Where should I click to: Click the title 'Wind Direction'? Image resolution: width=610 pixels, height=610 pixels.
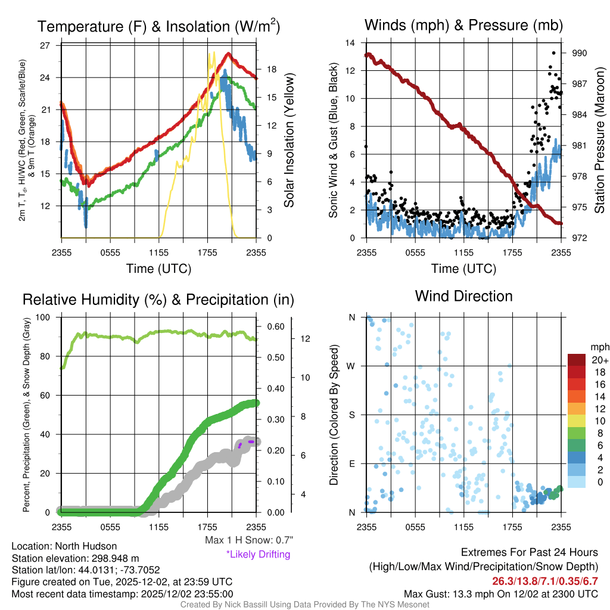tap(463, 296)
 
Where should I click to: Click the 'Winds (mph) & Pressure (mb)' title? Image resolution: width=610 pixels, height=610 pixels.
tap(463, 25)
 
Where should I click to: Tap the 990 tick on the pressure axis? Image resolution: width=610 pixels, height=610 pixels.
tap(579, 53)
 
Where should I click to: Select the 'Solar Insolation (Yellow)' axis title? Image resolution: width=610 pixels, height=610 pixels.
tap(290, 141)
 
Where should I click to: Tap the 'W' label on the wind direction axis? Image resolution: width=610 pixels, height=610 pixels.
tap(352, 366)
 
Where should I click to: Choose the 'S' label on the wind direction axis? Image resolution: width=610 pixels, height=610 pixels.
tap(352, 415)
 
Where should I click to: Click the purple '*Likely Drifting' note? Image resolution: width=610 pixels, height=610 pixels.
tap(258, 554)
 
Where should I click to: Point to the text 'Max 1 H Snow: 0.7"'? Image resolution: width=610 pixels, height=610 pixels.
tap(248, 540)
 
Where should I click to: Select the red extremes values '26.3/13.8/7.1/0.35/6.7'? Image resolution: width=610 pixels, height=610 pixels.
tap(544, 581)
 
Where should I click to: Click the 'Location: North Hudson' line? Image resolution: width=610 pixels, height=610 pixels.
tap(64, 546)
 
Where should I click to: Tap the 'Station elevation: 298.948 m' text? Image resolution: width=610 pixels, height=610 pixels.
tap(76, 558)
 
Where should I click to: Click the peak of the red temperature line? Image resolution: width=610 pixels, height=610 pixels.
tap(228, 54)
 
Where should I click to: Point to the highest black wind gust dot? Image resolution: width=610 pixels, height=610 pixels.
tap(554, 53)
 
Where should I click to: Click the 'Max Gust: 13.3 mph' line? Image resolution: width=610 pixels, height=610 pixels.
tap(500, 593)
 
